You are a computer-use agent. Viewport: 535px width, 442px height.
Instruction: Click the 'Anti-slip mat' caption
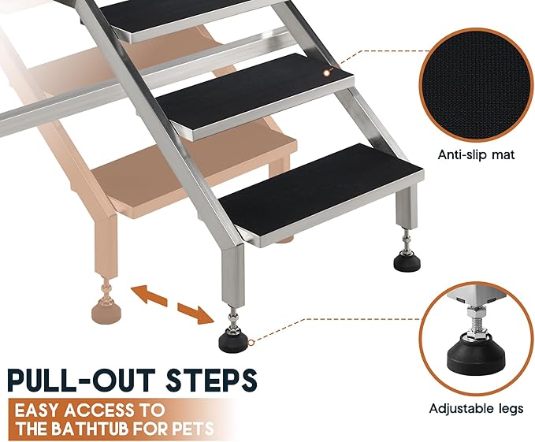click(475, 154)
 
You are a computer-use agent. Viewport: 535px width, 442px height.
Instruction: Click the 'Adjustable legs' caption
click(475, 409)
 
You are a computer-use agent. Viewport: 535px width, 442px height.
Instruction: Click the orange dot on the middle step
click(327, 72)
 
